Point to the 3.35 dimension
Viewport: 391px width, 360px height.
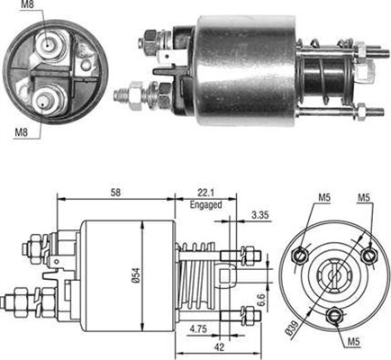coord(260,214)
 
